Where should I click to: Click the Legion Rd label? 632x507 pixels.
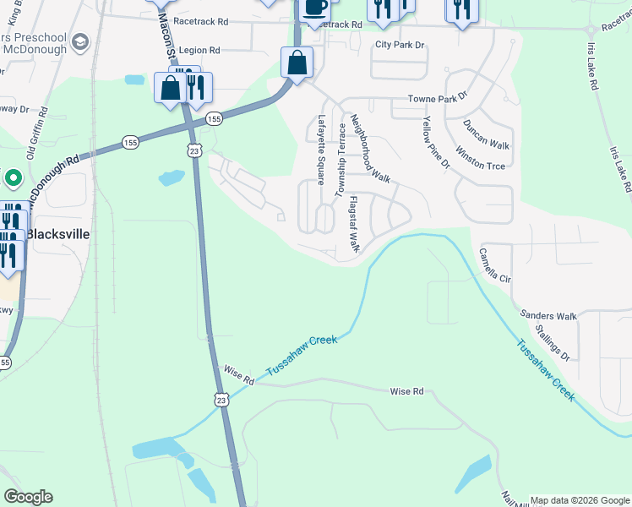point(199,51)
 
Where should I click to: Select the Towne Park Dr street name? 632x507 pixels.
point(438,99)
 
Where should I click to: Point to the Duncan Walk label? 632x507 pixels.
point(487,134)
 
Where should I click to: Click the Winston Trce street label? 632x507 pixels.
point(480,159)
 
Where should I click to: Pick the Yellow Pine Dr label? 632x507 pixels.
point(436,145)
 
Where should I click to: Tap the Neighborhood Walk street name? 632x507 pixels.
point(370,150)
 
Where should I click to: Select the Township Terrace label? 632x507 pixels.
point(342,160)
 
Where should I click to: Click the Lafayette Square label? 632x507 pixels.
point(321,150)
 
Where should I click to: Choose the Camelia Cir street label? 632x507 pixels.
point(495,265)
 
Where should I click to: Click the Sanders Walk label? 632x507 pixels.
point(548,316)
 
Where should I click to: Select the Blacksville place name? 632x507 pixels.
point(58,233)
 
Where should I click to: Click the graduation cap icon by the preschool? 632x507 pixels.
point(81,41)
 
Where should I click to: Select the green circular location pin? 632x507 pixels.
point(12,178)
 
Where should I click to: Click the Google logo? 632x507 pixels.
point(28,497)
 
